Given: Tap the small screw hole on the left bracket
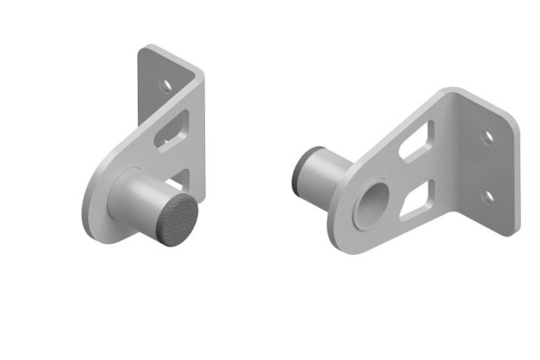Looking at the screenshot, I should (165, 87).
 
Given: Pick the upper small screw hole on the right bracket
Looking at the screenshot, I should (487, 138).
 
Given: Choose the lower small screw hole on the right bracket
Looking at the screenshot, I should (487, 195).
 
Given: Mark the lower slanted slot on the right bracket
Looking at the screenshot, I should (415, 200).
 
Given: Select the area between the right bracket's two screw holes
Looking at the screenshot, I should (487, 166).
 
